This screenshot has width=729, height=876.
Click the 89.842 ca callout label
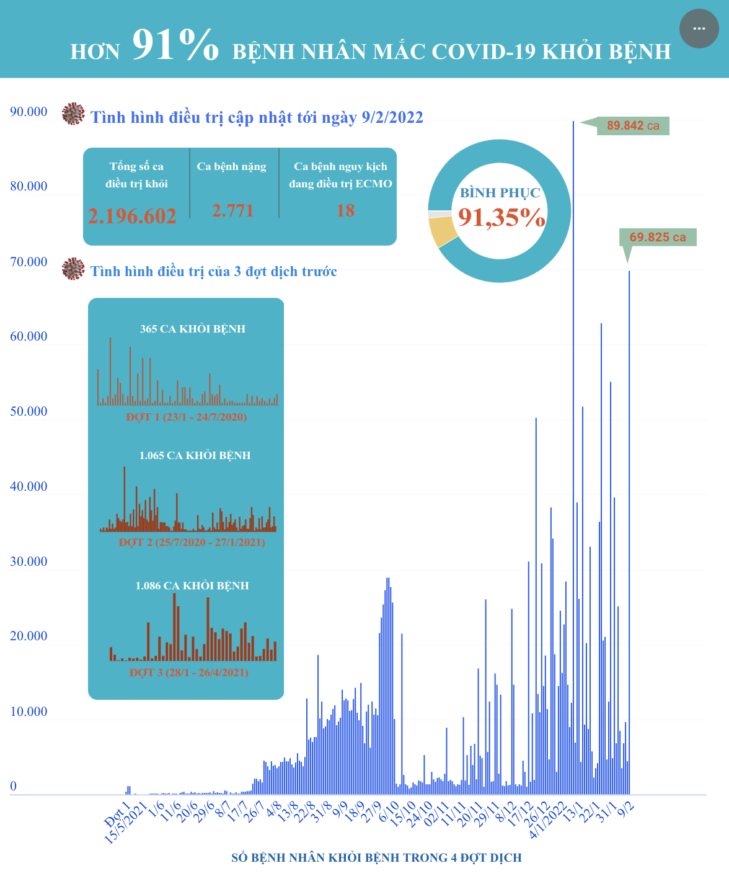pos(633,126)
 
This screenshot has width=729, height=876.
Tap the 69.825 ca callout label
pos(658,237)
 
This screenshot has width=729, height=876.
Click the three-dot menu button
pos(699,29)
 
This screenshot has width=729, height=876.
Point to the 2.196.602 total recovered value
pos(132,216)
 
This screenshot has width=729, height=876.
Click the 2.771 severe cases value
pos(232,211)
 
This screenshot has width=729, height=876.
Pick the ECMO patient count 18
pos(345,211)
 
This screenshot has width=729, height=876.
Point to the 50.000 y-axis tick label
pos(29,412)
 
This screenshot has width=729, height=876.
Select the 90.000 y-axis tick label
pos(29,112)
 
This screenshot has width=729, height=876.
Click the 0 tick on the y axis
pos(14,787)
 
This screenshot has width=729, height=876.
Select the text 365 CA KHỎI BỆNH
pos(193,329)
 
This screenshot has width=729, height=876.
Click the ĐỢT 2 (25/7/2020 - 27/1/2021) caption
pos(192,542)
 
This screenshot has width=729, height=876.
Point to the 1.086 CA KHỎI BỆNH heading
pos(192,586)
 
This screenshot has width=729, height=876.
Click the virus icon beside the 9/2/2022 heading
pos(73,114)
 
